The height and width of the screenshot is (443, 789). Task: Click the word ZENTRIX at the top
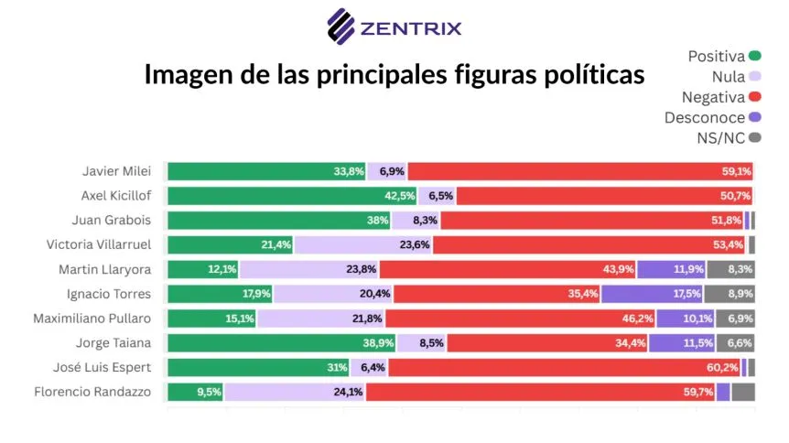(410, 27)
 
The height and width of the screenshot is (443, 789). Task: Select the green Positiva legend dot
(755, 57)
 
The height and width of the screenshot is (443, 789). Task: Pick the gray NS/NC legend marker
(755, 137)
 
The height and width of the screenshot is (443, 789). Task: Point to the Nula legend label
(727, 77)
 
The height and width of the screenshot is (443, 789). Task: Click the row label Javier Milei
(116, 171)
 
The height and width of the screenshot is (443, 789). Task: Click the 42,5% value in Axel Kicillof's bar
(396, 196)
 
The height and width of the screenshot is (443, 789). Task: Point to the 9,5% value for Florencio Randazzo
(205, 393)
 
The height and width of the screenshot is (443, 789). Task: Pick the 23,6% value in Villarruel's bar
(412, 244)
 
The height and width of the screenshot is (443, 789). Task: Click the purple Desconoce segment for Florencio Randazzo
(723, 393)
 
